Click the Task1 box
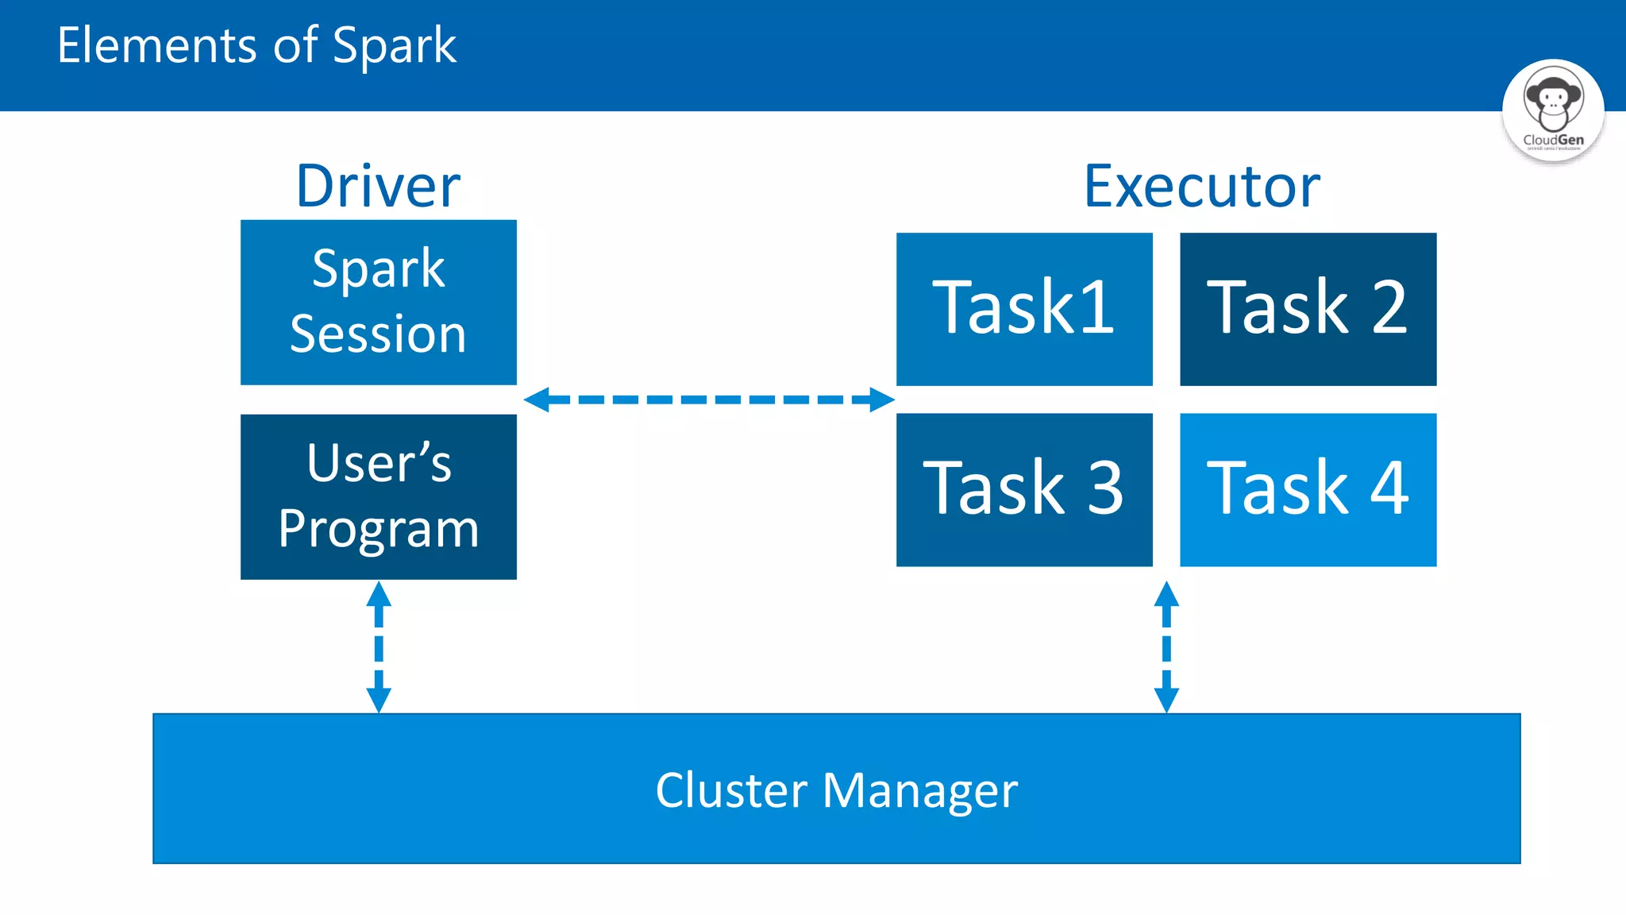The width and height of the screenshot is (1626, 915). tap(1024, 308)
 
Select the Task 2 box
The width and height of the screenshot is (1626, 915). tap(1308, 308)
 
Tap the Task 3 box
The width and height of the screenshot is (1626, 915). tap(1024, 489)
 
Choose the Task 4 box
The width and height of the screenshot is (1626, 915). tap(1308, 489)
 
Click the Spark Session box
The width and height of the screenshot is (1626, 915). tap(378, 302)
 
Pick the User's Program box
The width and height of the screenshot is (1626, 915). tap(378, 496)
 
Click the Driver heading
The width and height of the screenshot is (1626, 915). tap(378, 187)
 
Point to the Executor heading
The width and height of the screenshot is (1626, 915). tap(1202, 187)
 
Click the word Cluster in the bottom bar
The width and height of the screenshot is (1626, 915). tap(731, 790)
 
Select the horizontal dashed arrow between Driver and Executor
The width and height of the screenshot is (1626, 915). tap(708, 400)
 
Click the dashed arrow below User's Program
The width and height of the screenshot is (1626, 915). tap(379, 647)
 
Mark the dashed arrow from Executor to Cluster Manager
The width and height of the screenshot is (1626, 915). tap(1166, 647)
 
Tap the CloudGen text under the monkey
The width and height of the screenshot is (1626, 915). tap(1553, 140)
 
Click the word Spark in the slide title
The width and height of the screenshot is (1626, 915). tap(394, 46)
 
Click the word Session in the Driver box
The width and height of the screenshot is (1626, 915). tap(378, 334)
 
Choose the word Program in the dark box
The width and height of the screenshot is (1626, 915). tap(378, 529)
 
